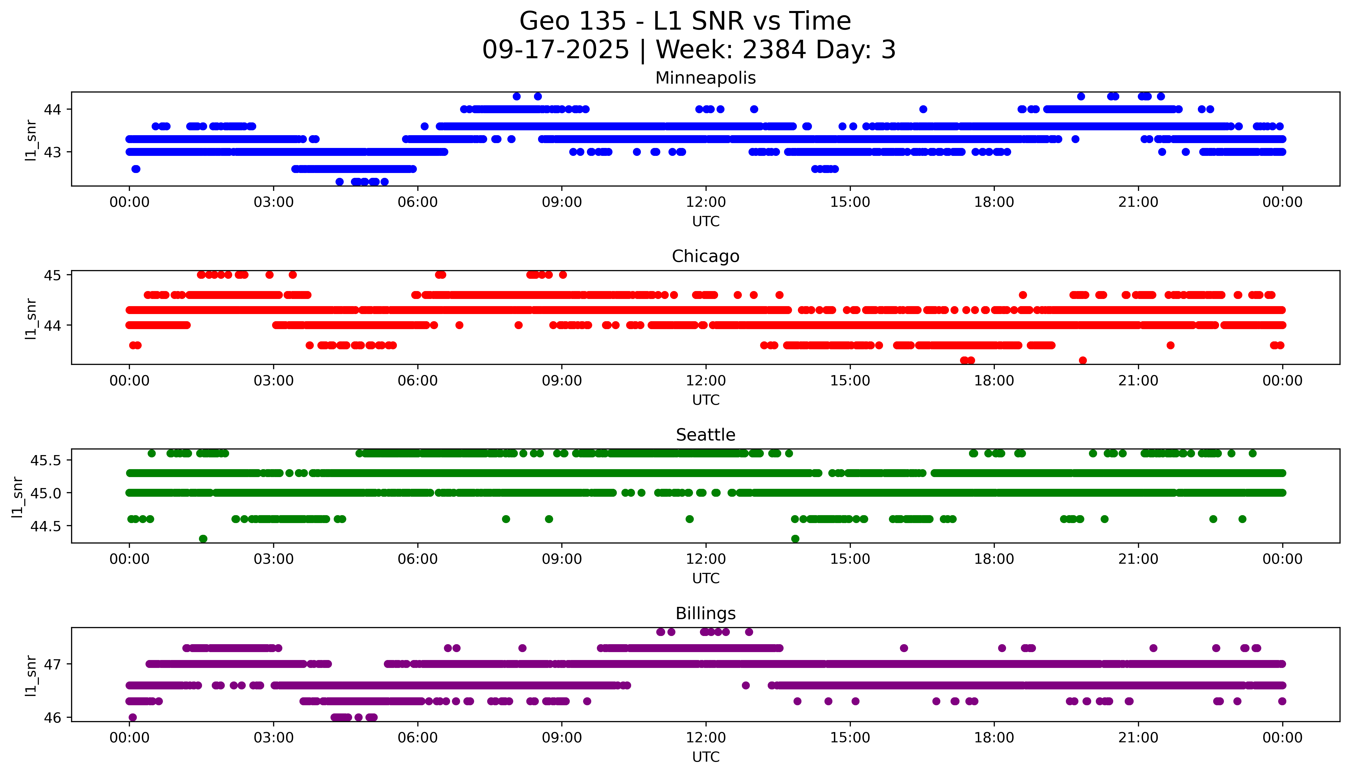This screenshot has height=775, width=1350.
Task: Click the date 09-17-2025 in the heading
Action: (x=555, y=50)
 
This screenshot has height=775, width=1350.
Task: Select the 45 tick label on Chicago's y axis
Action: (x=53, y=275)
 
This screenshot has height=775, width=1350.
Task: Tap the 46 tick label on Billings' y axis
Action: (x=53, y=718)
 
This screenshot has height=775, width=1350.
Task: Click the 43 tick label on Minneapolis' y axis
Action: (x=53, y=152)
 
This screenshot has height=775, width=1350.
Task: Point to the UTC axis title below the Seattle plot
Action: (x=706, y=578)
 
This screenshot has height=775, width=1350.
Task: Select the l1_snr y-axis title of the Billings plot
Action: (x=31, y=675)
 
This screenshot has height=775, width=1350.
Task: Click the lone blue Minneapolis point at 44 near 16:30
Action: (x=923, y=109)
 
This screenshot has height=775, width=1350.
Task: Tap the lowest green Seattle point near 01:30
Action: (x=203, y=539)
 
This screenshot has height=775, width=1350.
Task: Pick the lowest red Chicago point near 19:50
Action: (x=1083, y=360)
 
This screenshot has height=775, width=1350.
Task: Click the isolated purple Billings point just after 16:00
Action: (x=904, y=648)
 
